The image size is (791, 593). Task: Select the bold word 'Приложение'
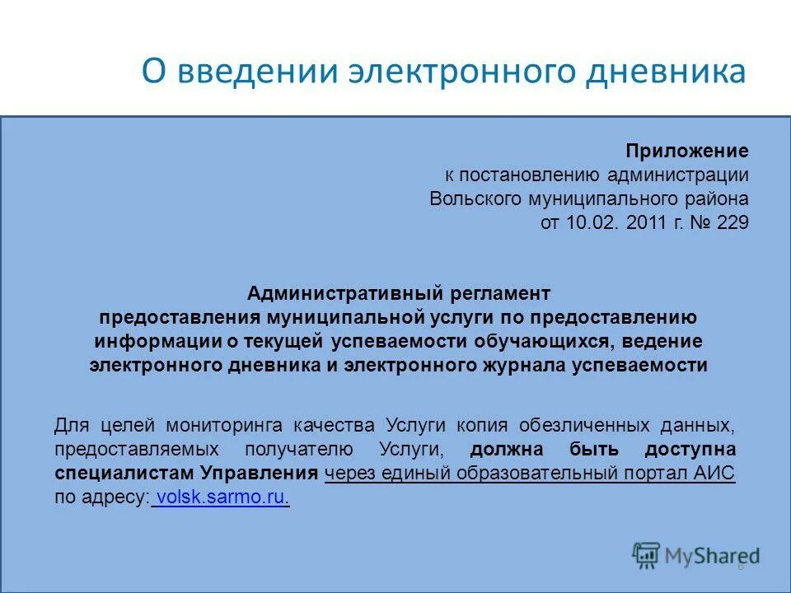686,151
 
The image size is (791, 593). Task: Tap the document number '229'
732,222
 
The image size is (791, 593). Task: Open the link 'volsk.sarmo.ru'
221,497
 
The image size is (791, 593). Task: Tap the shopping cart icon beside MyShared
647,555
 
